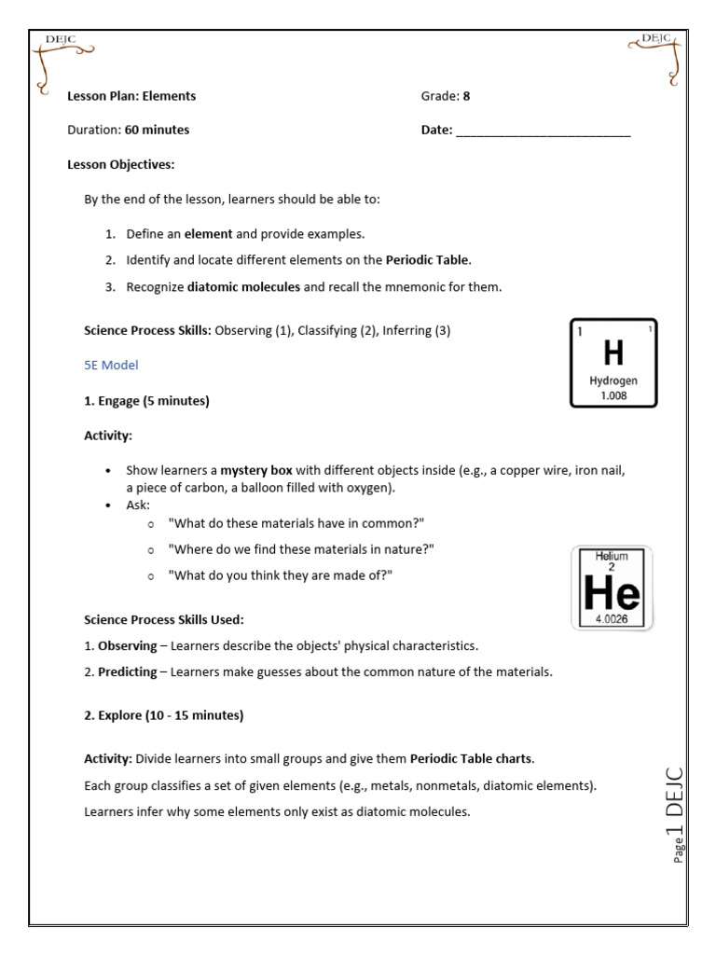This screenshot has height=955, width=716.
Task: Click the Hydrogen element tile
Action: point(613,364)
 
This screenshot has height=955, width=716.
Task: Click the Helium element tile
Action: point(612,588)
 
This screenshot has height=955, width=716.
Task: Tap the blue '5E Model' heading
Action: point(111,365)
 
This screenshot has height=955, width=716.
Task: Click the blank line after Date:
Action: point(543,131)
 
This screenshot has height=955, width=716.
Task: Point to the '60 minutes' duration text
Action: point(157,131)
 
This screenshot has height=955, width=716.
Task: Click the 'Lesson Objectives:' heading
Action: point(121,165)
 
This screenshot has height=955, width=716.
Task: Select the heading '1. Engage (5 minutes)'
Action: point(146,401)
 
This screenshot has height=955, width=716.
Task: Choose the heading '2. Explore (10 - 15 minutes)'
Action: point(163,715)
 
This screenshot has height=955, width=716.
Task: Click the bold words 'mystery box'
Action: point(256,471)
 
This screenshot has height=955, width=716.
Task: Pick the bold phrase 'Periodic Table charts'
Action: point(472,758)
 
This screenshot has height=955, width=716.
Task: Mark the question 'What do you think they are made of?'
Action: point(280,575)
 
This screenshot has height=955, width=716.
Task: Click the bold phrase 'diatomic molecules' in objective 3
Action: point(243,287)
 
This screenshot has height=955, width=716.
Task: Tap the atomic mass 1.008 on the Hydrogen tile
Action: point(613,395)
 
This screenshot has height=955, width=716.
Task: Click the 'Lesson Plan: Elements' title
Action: point(131,96)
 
